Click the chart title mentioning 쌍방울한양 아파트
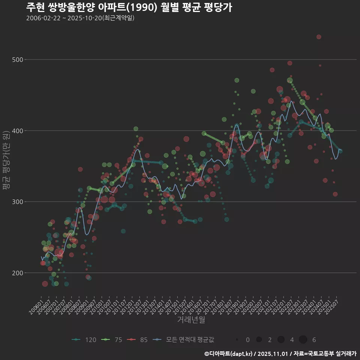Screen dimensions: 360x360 point(129,7)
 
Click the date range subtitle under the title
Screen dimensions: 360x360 point(80,18)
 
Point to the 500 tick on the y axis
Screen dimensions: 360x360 point(18,60)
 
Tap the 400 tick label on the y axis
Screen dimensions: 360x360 point(18,131)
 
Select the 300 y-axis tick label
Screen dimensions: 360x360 point(18,202)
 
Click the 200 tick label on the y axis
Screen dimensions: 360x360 point(18,273)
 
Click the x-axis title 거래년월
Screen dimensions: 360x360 point(191,320)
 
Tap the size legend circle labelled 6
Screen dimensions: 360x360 point(303,340)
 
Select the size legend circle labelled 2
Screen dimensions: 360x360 point(259,340)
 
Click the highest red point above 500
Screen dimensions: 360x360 point(319,37)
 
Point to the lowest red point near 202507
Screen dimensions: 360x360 point(335,194)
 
